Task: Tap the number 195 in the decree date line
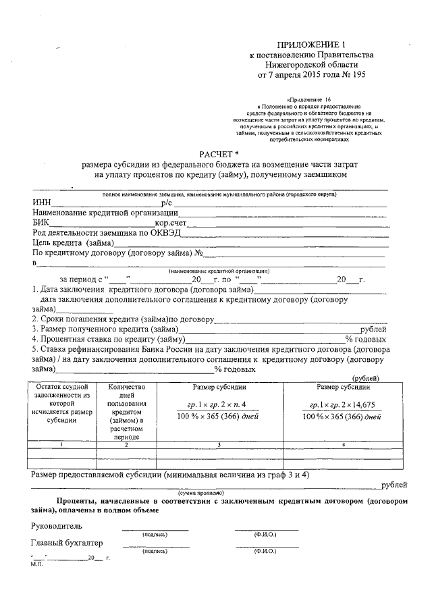(x=354, y=76)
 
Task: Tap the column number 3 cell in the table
(x=219, y=444)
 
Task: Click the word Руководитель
(x=57, y=525)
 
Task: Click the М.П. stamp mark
(x=36, y=564)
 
